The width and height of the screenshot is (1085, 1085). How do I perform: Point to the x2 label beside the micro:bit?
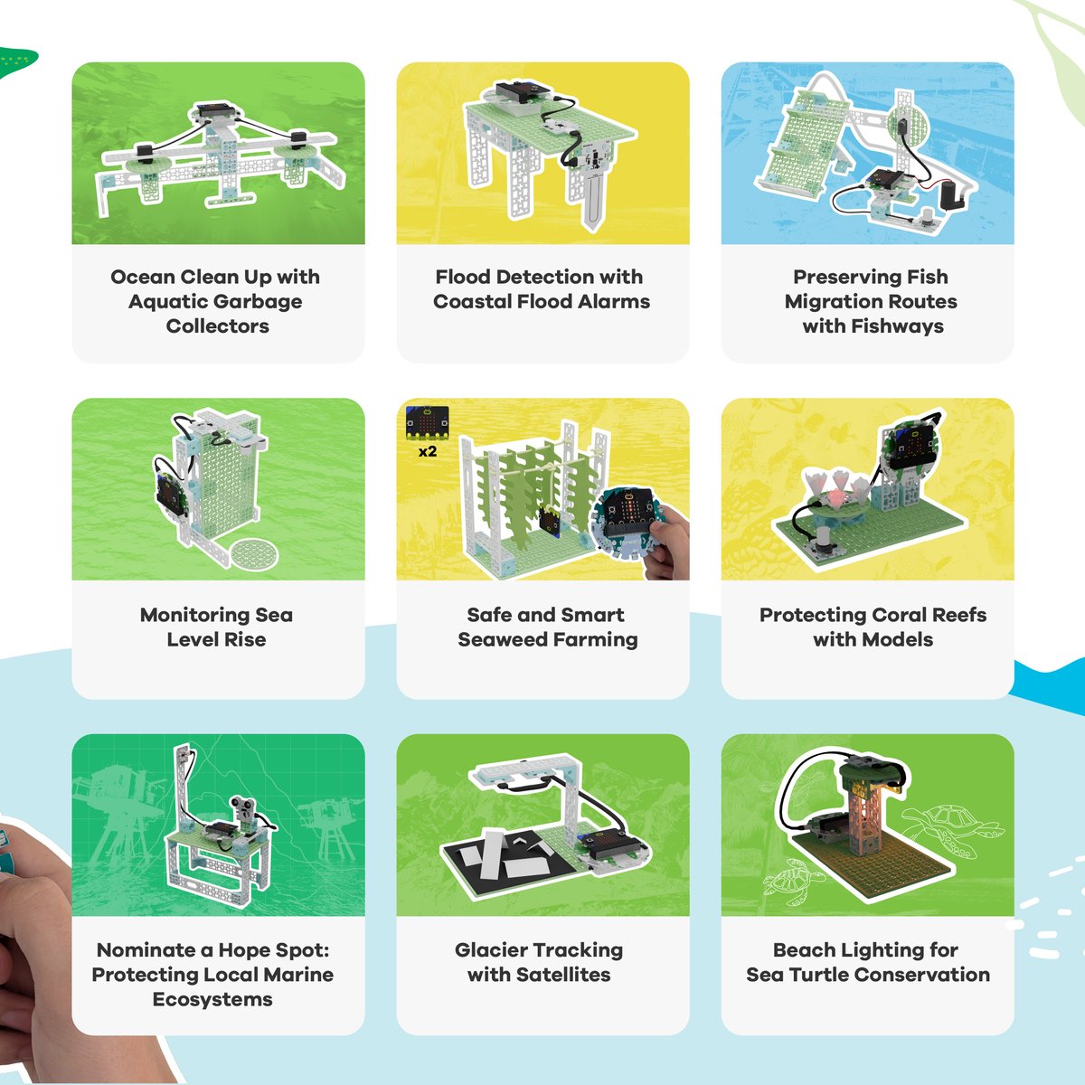pyautogui.click(x=428, y=451)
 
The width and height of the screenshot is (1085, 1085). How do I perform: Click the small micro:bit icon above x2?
pyautogui.click(x=428, y=423)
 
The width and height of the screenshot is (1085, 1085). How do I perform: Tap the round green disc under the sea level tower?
pyautogui.click(x=255, y=553)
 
